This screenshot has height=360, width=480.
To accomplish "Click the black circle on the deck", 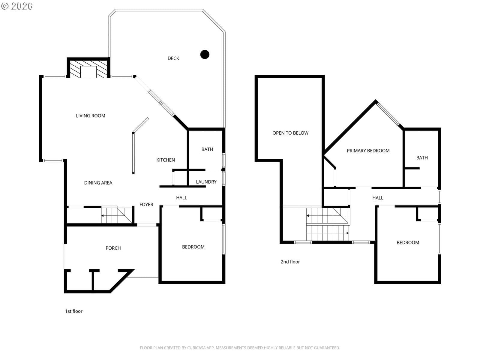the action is point(205,54).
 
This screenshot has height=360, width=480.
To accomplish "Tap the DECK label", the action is point(173,58).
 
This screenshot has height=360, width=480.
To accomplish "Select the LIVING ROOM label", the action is point(91,115).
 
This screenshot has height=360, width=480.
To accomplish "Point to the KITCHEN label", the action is point(166,160).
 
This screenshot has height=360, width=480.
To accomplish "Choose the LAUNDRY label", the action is point(206,182).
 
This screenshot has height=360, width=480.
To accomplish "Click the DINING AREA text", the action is point(98,183).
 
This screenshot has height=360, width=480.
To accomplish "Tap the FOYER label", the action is point(146,205).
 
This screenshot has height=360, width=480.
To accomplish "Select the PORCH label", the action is point(113,248).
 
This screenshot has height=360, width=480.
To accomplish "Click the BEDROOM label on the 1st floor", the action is point(193,247).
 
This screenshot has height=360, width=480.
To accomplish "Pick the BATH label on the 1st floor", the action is point(207,149).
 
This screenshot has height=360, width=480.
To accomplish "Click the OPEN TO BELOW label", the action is point(290,133).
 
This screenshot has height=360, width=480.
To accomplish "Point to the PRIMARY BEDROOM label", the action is point(368,151).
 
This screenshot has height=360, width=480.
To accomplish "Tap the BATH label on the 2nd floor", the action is point(422,158).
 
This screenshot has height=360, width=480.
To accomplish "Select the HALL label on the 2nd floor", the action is point(378,198).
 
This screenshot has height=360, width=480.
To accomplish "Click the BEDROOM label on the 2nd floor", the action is point(408,242).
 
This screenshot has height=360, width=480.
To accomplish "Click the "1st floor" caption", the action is point(74,311).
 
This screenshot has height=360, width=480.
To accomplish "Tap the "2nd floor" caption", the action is point(290,262).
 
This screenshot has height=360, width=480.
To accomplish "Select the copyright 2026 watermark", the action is point(17,6).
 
